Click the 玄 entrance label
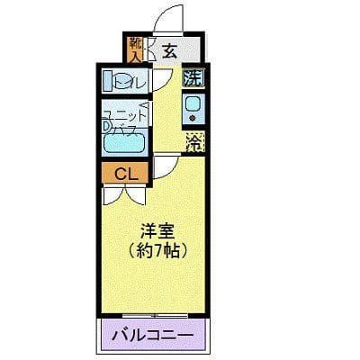[x=170, y=50]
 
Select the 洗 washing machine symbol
[x=193, y=77]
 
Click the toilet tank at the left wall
[x=106, y=81]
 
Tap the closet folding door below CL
[x=126, y=187]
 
